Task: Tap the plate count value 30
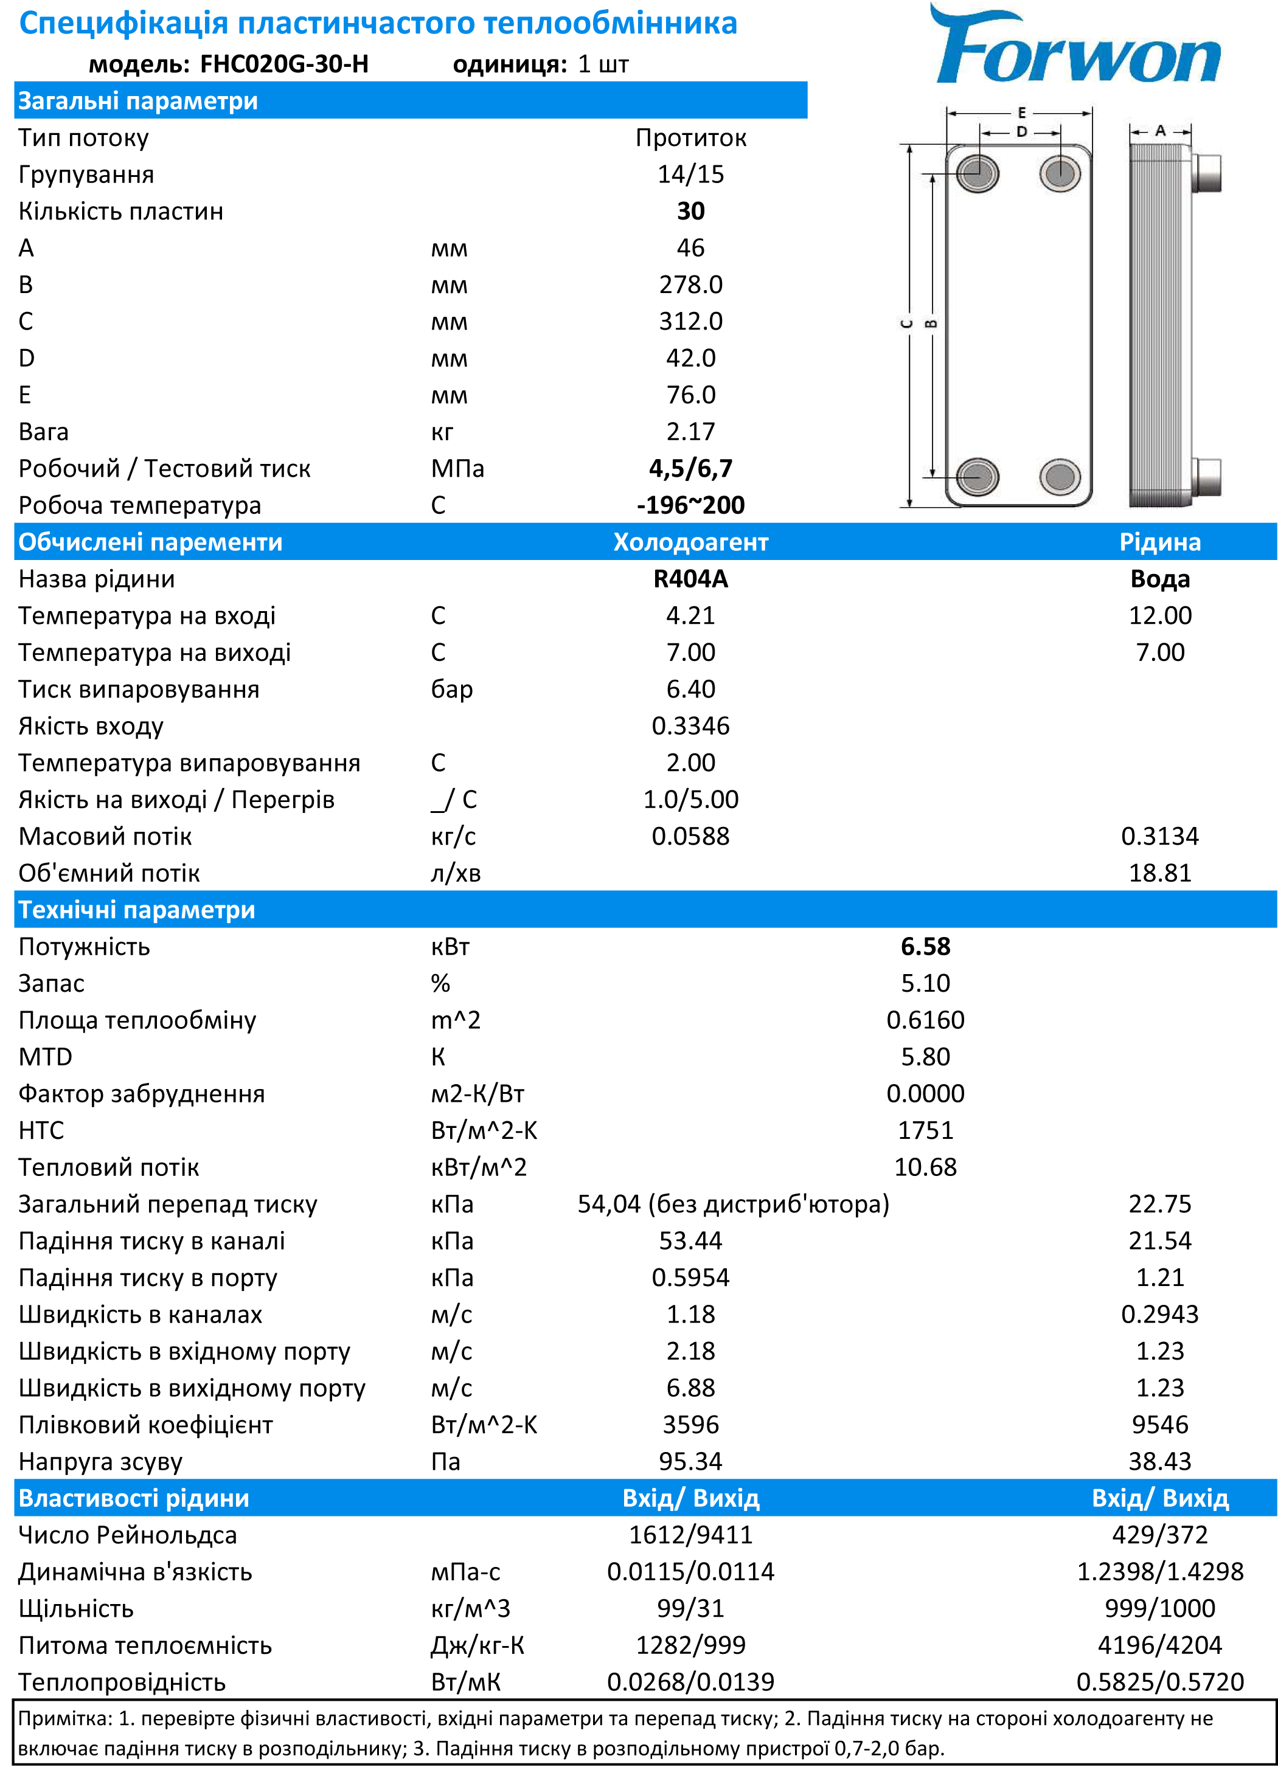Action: pos(690,211)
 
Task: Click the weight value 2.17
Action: pos(690,432)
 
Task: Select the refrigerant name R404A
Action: pos(690,579)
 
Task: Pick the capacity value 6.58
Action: pos(925,947)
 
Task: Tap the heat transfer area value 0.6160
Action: pos(925,1020)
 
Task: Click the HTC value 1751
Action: pos(925,1130)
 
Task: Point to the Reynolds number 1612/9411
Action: pos(690,1535)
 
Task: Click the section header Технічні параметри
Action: pos(137,910)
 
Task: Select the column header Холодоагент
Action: pos(690,542)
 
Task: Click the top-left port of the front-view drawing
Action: pos(977,172)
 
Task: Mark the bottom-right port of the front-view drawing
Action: pos(1060,477)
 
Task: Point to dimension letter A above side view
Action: pos(1161,131)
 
